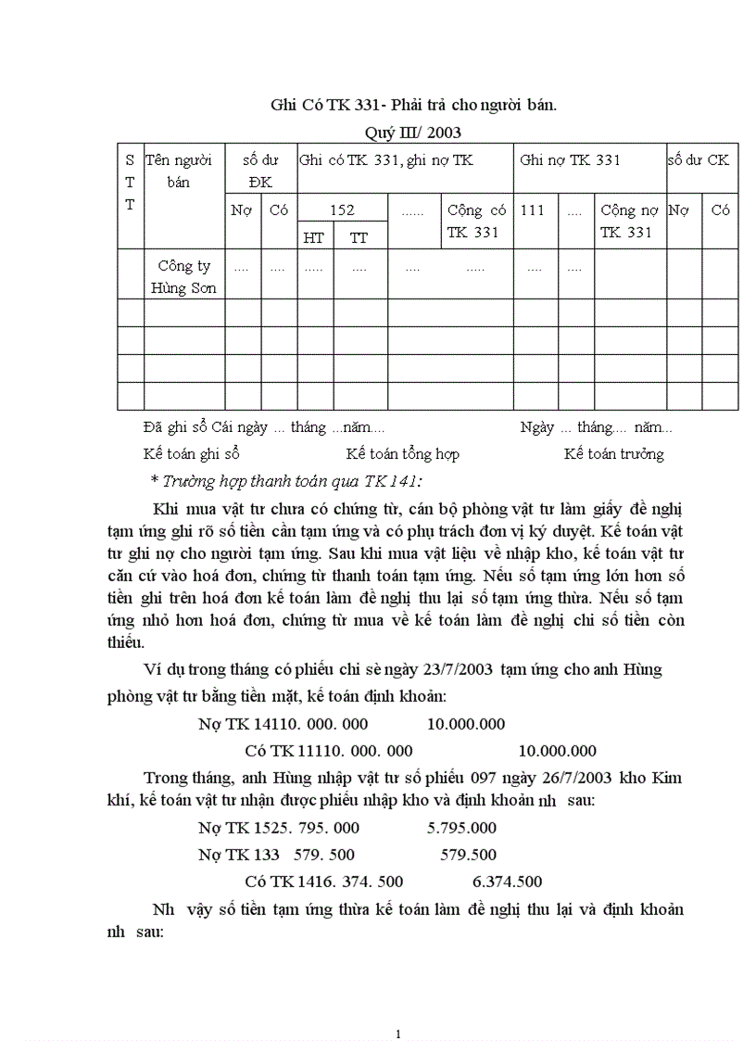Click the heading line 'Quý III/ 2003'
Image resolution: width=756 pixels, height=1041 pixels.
click(412, 133)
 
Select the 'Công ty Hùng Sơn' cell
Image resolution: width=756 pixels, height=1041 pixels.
click(184, 276)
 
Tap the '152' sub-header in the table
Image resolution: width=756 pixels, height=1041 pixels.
click(342, 210)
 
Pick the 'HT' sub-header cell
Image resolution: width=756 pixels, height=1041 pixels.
click(314, 237)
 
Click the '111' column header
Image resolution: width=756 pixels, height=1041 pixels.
click(533, 210)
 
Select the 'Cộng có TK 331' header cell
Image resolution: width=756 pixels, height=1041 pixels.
click(476, 221)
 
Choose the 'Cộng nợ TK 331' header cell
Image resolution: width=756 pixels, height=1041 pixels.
click(629, 221)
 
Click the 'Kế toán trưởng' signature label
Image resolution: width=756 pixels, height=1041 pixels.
click(613, 454)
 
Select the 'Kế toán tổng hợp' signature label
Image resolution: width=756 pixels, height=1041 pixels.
click(402, 454)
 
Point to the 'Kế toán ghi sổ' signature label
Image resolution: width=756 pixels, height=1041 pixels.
click(192, 454)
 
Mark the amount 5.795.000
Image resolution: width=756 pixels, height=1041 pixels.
click(461, 828)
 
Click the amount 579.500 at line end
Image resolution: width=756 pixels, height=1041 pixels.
click(468, 855)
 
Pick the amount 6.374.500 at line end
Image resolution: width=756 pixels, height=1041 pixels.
click(507, 882)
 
